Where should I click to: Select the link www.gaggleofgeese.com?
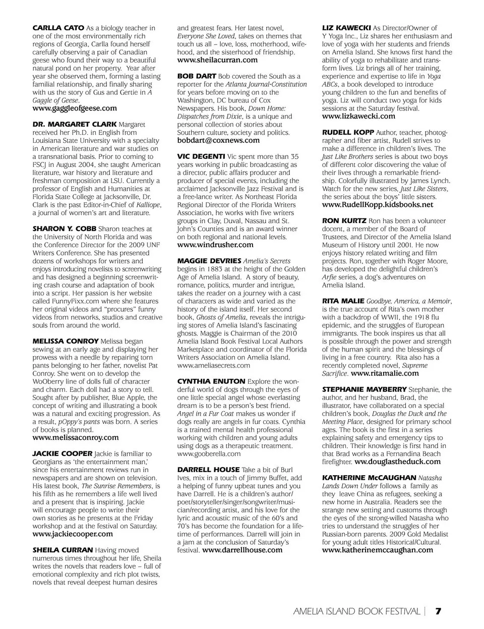point(75,108)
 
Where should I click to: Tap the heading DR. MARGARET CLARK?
point(75,124)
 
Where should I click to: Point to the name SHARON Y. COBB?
point(64,228)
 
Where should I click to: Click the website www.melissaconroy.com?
point(76,437)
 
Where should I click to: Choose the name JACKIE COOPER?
point(63,453)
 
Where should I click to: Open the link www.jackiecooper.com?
point(73,534)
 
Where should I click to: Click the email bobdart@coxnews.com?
point(218,140)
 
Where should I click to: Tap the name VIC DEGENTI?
point(201,156)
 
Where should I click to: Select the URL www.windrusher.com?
point(215,245)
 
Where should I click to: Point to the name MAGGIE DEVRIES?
point(209,261)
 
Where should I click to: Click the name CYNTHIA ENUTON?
point(211,381)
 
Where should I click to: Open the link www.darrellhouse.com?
point(242,550)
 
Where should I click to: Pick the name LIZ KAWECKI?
point(346,28)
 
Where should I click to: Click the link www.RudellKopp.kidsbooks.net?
point(378,204)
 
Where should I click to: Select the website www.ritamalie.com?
point(385,373)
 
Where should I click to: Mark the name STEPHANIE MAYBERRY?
point(364,389)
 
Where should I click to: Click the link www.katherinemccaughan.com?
point(377,550)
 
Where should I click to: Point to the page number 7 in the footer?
point(439,611)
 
